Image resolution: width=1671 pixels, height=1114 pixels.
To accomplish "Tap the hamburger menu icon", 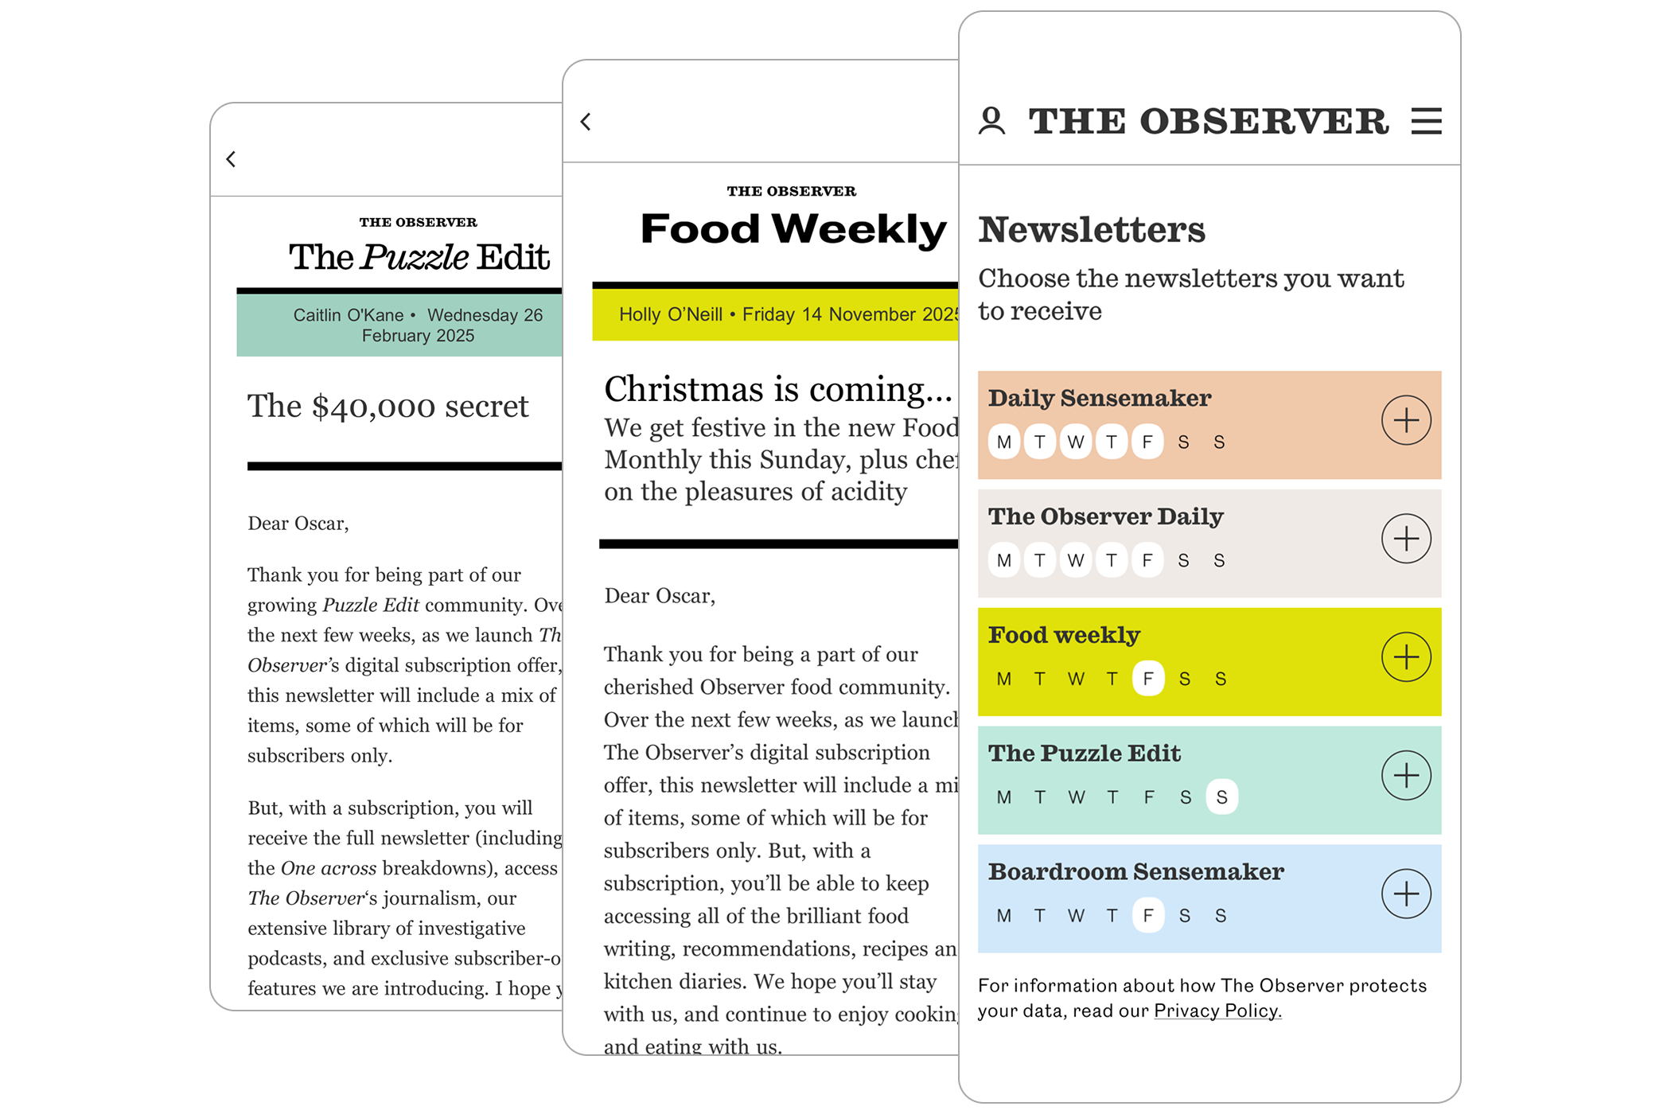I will tap(1426, 122).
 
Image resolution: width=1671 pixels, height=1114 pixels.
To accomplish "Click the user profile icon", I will tap(991, 122).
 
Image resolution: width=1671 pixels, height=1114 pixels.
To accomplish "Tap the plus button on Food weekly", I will tap(1406, 657).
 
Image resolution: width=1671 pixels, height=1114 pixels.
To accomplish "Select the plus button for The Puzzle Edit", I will tap(1406, 776).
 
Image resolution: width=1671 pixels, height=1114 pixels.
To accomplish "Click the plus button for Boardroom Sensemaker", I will tap(1406, 894).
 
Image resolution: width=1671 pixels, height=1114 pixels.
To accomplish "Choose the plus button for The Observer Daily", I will tap(1406, 539).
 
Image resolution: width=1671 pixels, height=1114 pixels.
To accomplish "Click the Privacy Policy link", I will tap(1217, 1011).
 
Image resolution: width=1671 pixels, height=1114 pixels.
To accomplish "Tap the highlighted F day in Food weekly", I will tap(1147, 679).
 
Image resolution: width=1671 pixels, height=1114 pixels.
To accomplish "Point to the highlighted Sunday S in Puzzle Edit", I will tap(1221, 797).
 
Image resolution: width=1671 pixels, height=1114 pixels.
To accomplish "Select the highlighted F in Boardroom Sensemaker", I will tap(1147, 916).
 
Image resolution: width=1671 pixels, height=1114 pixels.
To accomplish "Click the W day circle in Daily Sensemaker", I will tap(1076, 442).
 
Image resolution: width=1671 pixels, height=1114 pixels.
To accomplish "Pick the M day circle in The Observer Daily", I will tap(1004, 561).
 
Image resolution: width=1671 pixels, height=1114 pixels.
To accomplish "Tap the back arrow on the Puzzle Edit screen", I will tap(231, 159).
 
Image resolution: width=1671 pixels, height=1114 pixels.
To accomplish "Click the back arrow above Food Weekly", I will tap(586, 122).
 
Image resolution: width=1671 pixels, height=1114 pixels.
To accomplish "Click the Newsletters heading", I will tap(1092, 230).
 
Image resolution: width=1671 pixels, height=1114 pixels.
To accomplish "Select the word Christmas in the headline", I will tap(684, 389).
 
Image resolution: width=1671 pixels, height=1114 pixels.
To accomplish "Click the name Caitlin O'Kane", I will tap(348, 315).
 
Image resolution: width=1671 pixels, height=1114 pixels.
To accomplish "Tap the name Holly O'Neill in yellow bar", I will tap(671, 314).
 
